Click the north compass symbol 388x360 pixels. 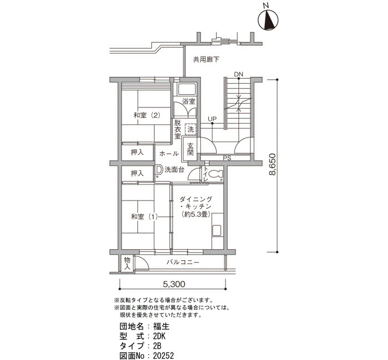[x=268, y=20]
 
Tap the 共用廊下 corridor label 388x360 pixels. [x=206, y=60]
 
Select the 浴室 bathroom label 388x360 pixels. [x=188, y=101]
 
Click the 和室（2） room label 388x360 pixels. [x=147, y=115]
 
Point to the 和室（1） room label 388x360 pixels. [x=144, y=217]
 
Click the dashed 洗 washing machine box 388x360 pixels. [x=190, y=129]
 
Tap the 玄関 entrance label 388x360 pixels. [x=190, y=149]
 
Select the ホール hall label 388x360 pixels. [x=169, y=153]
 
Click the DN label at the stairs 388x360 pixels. [x=238, y=74]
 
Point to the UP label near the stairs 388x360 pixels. [x=212, y=119]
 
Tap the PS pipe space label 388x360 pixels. [x=227, y=158]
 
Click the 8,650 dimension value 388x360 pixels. [x=272, y=164]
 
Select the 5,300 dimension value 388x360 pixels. [x=174, y=284]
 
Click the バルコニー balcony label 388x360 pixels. [x=182, y=262]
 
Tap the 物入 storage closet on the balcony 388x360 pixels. [x=127, y=263]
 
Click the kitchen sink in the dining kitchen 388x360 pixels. [x=217, y=231]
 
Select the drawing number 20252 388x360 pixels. [x=164, y=356]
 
